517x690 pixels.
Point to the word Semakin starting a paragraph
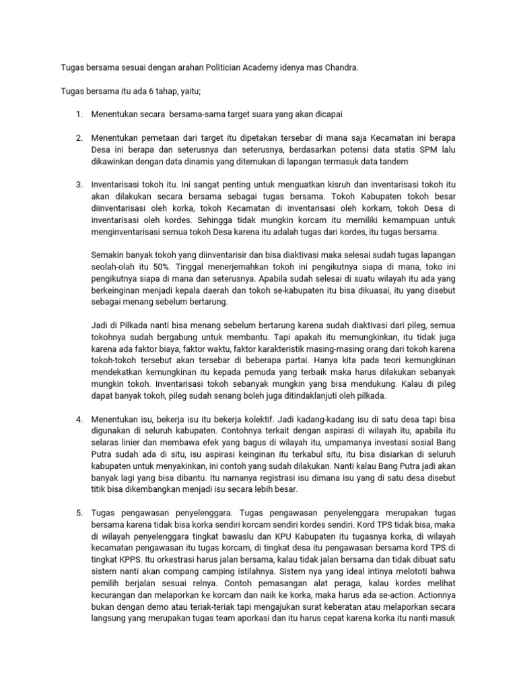coord(109,254)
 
